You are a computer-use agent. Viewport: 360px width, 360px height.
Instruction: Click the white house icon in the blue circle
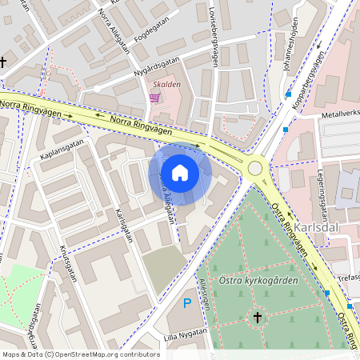click(x=180, y=172)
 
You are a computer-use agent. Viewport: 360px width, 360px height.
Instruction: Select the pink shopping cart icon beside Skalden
click(x=155, y=97)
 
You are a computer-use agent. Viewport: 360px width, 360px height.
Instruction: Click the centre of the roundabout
click(x=256, y=168)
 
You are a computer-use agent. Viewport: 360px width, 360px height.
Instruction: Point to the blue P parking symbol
click(x=187, y=303)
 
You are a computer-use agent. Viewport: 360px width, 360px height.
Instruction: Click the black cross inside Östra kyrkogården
click(x=258, y=318)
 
